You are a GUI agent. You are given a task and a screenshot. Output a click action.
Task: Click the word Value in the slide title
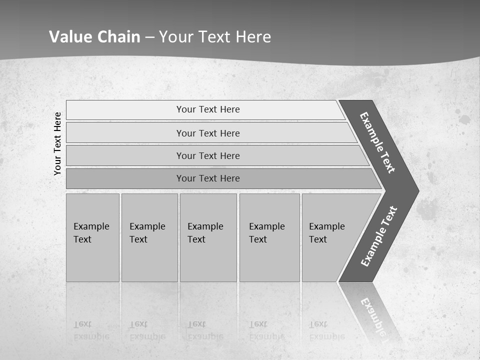point(69,36)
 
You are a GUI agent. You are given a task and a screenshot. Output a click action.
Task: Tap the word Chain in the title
point(118,36)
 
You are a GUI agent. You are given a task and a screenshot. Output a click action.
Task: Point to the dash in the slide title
point(149,37)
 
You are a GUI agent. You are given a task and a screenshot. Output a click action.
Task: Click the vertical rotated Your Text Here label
point(57,143)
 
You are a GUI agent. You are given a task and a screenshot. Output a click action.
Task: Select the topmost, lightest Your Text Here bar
point(208,109)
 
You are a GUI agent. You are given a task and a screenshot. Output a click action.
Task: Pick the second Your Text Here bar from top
point(208,133)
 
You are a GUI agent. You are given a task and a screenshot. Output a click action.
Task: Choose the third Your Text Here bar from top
point(208,155)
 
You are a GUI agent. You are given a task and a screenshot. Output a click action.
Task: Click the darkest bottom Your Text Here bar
point(208,178)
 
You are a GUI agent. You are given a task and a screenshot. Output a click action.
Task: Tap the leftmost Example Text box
point(92,237)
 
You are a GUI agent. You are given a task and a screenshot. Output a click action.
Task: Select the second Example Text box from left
point(149,237)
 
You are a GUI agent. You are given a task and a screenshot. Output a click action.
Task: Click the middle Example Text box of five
point(208,237)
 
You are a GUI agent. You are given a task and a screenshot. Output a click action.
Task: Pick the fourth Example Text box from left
point(269,237)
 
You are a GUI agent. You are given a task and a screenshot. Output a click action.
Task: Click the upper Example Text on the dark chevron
point(377,142)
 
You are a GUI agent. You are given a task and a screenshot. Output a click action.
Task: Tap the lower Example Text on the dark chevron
point(378,236)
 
